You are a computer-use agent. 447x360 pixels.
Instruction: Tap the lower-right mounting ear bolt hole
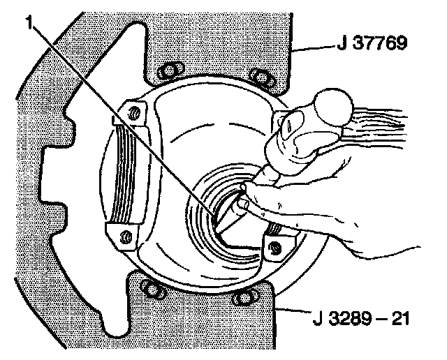(275, 246)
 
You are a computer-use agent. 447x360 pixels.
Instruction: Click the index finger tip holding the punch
(242, 204)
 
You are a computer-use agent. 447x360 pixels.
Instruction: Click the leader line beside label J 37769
(312, 48)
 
